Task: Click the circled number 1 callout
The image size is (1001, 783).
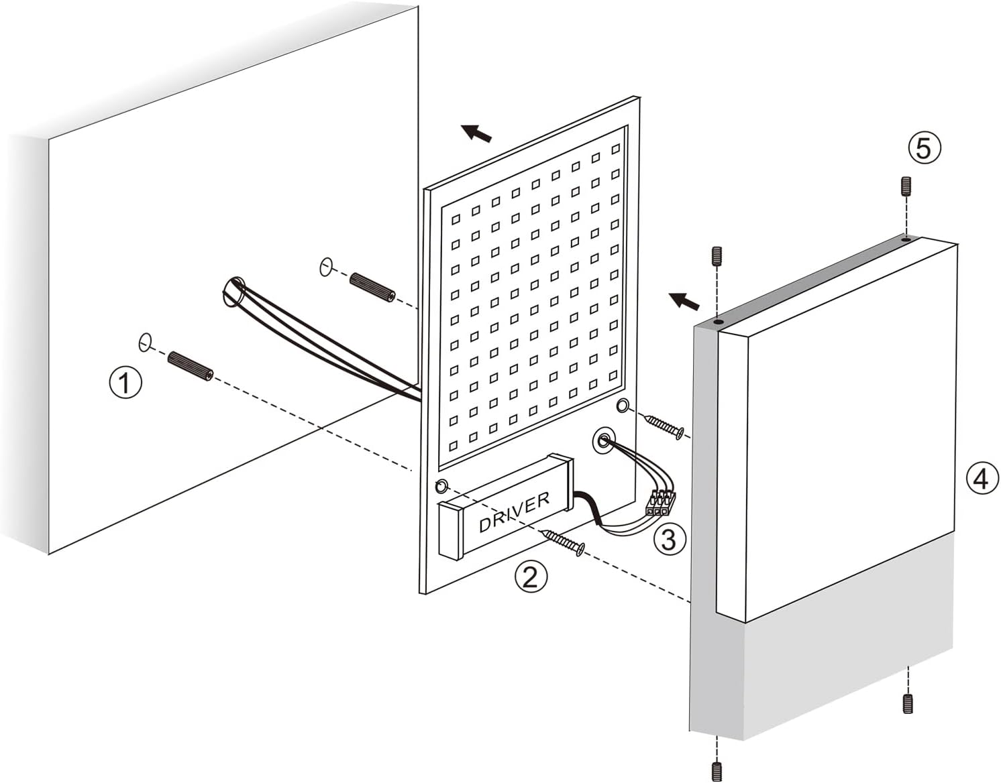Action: (125, 383)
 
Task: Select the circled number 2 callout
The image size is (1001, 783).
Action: (530, 577)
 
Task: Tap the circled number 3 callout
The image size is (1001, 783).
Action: (669, 538)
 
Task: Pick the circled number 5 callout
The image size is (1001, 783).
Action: (925, 147)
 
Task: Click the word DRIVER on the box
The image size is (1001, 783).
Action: (515, 512)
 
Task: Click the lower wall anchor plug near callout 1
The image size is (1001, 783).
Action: (191, 366)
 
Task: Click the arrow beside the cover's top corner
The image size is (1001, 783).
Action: (684, 300)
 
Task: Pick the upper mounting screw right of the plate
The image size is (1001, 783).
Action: (664, 427)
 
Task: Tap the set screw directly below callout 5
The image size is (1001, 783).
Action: (906, 186)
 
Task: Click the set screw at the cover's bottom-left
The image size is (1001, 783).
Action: (717, 771)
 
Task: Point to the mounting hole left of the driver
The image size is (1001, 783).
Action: (441, 486)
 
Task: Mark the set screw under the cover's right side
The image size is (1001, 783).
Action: (908, 703)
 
